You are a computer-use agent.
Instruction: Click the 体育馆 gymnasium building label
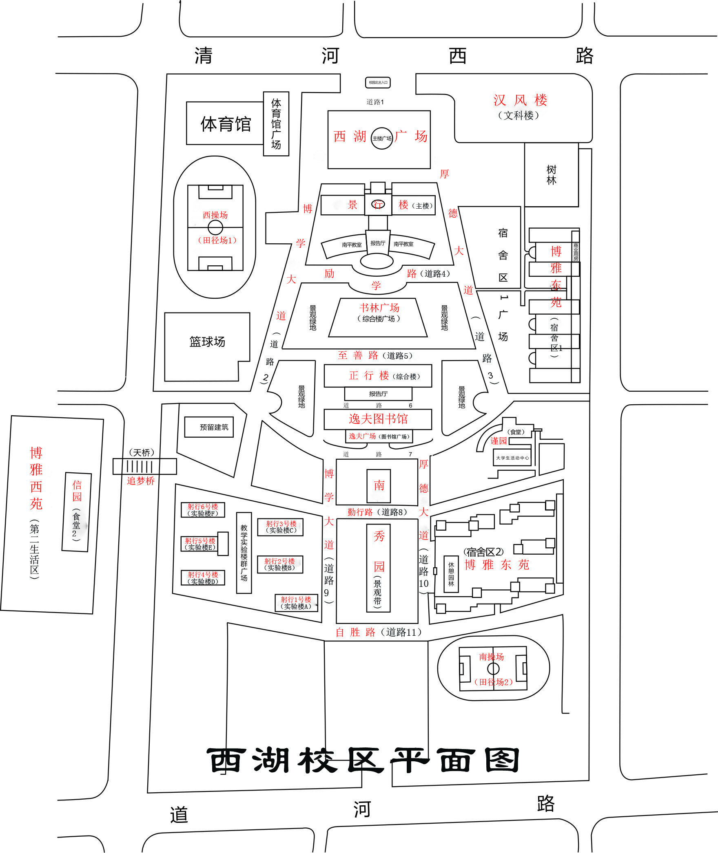pos(226,124)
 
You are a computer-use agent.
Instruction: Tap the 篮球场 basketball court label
pos(207,342)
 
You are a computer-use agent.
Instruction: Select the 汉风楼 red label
pos(520,100)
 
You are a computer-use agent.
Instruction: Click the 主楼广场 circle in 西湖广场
pos(382,139)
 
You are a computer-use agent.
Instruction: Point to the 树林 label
pos(552,175)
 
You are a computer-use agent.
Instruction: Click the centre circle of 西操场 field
pos(215,227)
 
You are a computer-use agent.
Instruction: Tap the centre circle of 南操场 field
pos(493,669)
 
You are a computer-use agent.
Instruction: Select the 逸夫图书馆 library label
pos(378,419)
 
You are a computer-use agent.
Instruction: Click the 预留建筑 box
pos(209,427)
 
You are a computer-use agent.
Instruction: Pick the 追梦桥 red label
pos(141,481)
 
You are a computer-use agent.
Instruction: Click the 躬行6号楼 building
pos(203,510)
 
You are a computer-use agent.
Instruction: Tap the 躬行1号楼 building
pos(296,603)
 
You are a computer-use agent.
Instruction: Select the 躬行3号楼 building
pos(281,527)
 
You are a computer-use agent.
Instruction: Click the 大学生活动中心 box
pos(512,458)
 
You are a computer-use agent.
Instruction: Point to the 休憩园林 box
pos(451,574)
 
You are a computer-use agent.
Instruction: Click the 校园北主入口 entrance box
pos(378,83)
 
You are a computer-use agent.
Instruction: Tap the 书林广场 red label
pos(379,308)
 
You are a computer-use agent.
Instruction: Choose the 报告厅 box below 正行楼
pos(378,394)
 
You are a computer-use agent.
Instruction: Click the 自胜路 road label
pos(355,632)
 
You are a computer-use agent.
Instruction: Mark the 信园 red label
pos(77,491)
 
